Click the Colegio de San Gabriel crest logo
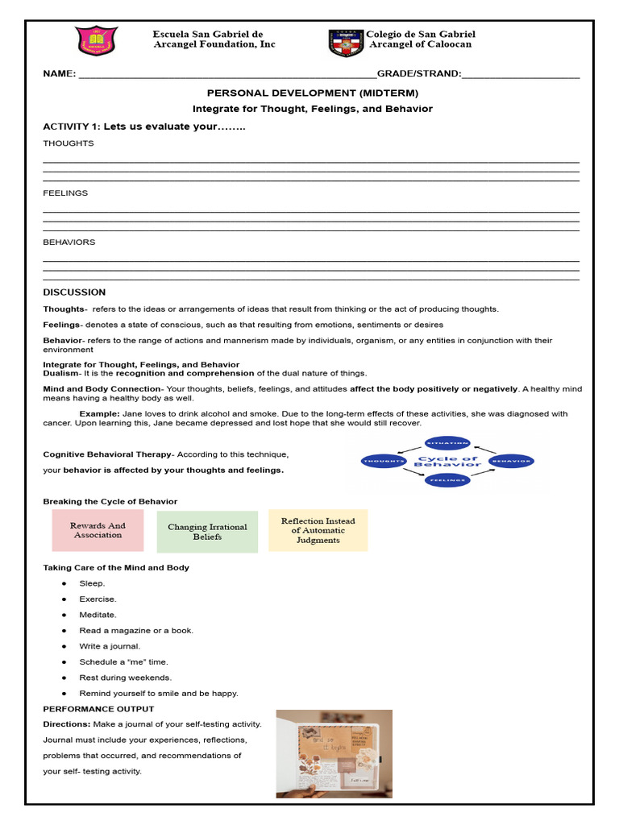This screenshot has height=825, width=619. (x=346, y=42)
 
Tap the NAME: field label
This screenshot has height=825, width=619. (x=59, y=74)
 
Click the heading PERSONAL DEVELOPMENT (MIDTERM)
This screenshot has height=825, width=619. (x=313, y=93)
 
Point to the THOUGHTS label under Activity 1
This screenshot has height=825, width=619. (x=68, y=143)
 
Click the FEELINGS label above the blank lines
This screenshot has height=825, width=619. (x=65, y=193)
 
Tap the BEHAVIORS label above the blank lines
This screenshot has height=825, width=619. (x=69, y=243)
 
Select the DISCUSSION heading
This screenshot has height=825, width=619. (x=74, y=292)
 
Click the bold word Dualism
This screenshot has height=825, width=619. (x=60, y=373)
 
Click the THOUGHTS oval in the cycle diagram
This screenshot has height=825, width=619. (x=384, y=461)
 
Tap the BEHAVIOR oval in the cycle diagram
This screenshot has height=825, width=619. (x=511, y=462)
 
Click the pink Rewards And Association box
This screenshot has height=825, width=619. (x=98, y=530)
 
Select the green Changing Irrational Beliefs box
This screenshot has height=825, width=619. (x=207, y=532)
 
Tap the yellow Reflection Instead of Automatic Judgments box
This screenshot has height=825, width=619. (x=318, y=531)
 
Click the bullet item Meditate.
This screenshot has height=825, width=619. (x=98, y=615)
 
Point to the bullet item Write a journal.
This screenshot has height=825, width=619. (x=110, y=646)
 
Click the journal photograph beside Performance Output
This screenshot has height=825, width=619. (x=334, y=753)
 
